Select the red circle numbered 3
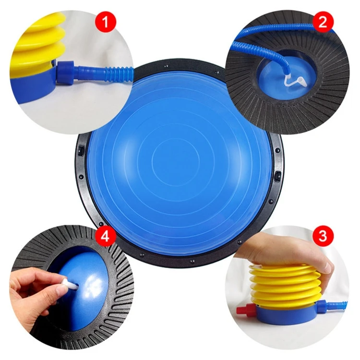tap(323, 236)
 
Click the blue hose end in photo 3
tap(338, 303)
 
